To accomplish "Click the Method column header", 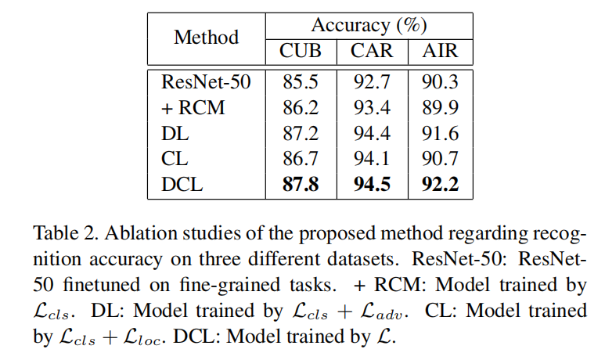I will tap(206, 37).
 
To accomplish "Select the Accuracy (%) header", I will tap(363, 23).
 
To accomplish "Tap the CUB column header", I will tap(301, 52).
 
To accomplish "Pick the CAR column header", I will tap(372, 52).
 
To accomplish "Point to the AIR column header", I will tap(439, 52).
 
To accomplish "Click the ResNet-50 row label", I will tap(206, 81).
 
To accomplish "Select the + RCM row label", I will tap(193, 108).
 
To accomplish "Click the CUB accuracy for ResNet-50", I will tap(301, 81).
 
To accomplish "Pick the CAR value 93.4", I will tap(372, 108).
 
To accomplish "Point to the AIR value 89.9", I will tap(439, 108).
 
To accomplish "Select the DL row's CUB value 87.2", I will tap(301, 135).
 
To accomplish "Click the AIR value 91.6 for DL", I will tap(439, 135).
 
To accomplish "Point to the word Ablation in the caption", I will tap(134, 232).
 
